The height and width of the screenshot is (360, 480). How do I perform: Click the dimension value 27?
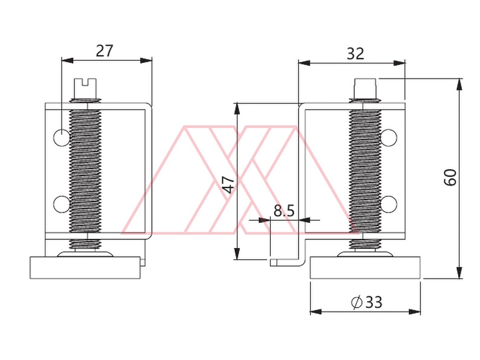(x=105, y=51)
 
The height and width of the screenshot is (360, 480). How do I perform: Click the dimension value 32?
(x=355, y=54)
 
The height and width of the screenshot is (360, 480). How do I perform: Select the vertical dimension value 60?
(x=450, y=177)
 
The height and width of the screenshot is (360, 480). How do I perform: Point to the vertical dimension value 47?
(x=228, y=185)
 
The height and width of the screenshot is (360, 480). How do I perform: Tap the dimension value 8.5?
(x=284, y=211)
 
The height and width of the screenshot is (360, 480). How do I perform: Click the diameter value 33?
(x=374, y=302)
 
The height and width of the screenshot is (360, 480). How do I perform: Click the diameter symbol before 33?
(x=357, y=302)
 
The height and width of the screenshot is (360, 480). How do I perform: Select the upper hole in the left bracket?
(x=62, y=137)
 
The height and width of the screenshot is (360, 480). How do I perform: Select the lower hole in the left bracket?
(x=62, y=204)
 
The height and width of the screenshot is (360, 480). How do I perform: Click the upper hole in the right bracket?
(x=389, y=137)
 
